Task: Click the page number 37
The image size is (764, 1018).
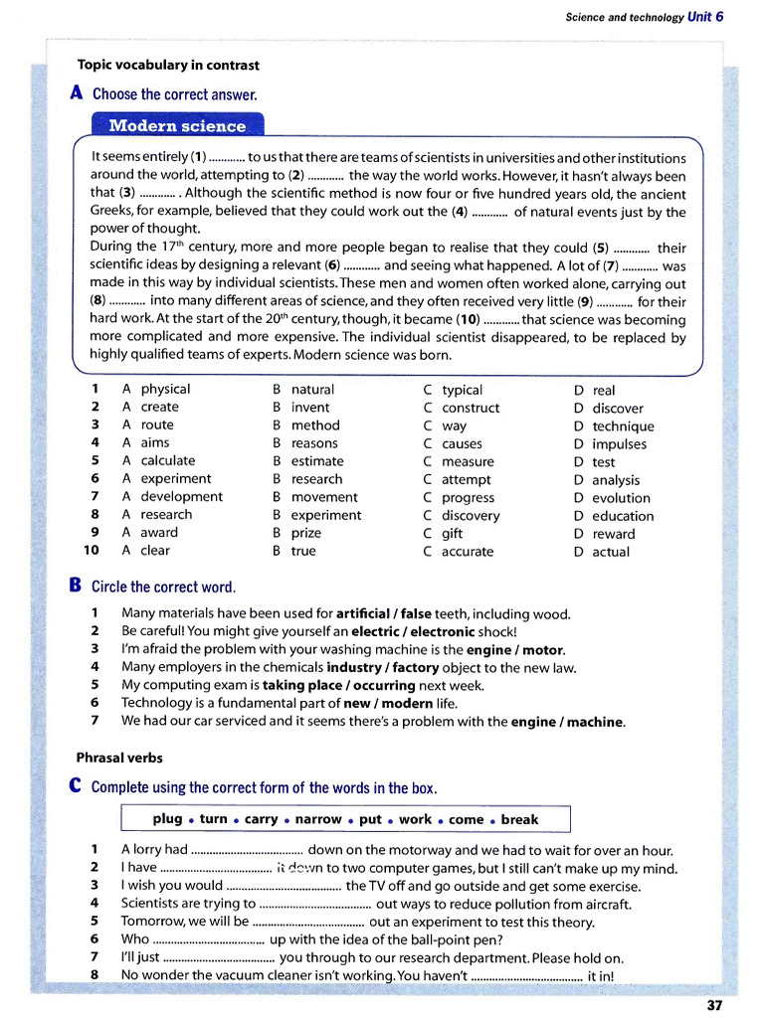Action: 714,1005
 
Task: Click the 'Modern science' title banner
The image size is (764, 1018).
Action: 177,126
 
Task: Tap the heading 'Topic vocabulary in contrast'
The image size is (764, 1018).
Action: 168,66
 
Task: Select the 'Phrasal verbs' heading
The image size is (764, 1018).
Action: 119,758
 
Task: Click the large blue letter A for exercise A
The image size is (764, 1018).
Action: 77,93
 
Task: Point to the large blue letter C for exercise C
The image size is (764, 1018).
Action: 77,786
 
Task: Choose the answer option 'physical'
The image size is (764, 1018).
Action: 165,389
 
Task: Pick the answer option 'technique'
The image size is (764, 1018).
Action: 623,426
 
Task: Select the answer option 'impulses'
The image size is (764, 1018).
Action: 619,444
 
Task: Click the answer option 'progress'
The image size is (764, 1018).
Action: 468,498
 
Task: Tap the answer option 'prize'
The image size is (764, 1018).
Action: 307,533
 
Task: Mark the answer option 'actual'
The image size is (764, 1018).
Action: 611,552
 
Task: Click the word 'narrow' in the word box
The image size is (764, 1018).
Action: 319,819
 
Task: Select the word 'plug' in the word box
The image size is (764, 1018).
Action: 167,819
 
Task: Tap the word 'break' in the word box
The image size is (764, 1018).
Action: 519,819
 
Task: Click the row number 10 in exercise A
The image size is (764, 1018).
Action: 92,551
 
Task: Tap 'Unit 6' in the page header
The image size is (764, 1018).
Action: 705,17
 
